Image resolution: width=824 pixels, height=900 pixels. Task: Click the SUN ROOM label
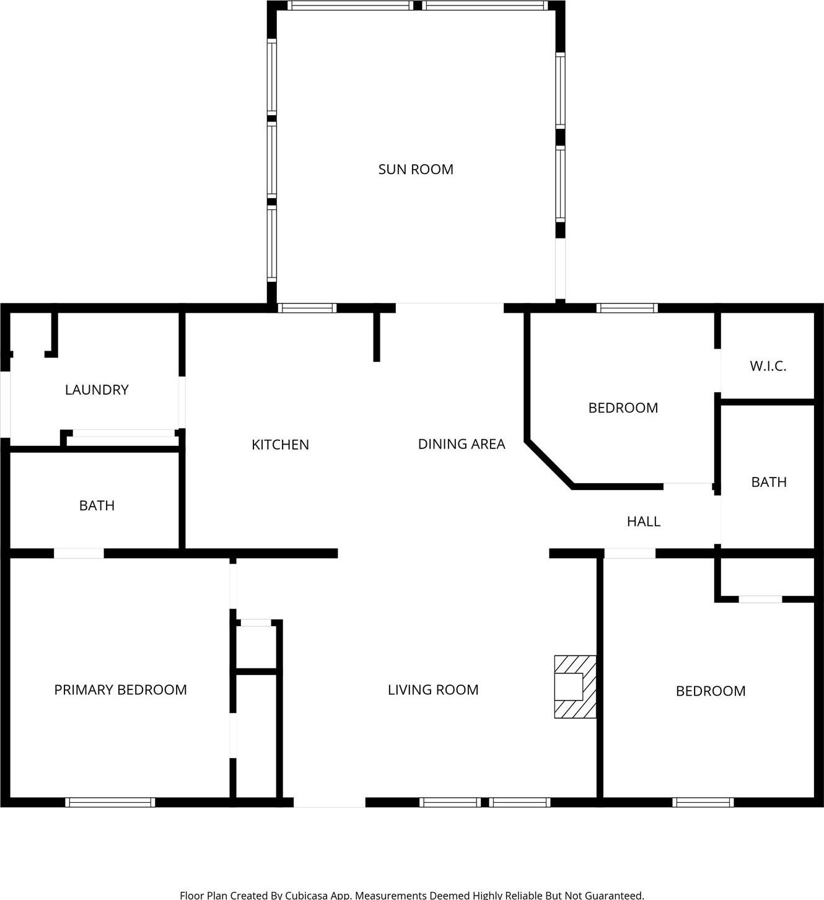[x=416, y=169]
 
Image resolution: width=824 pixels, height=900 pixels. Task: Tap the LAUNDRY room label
[x=97, y=390]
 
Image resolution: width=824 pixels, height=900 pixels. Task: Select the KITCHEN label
[x=280, y=444]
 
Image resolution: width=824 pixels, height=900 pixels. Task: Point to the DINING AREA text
[x=462, y=443]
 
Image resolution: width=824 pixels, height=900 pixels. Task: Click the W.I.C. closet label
[x=768, y=366]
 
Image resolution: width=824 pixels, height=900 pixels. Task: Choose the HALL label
[x=643, y=522]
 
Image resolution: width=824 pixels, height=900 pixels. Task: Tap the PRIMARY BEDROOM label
[x=120, y=689]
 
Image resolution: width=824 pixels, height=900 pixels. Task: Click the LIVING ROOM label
[x=433, y=689]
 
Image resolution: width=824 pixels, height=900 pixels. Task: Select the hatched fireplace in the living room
[x=575, y=686]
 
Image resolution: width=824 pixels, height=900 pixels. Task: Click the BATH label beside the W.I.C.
[x=768, y=482]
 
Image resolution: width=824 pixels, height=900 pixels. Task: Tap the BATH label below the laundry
[x=97, y=505]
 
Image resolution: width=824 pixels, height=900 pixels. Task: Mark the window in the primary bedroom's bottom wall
[x=110, y=802]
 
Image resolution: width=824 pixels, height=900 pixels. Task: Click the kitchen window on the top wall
[x=307, y=308]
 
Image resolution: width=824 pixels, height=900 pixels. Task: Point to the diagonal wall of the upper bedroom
[x=549, y=464]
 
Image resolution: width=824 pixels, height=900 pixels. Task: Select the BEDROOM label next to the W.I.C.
[x=623, y=408]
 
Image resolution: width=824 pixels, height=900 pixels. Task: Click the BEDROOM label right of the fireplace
[x=710, y=691]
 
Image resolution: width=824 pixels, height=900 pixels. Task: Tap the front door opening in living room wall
[x=329, y=802]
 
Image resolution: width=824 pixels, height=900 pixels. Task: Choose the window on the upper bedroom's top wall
[x=627, y=308]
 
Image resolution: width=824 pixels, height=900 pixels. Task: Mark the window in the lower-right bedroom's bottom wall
[x=703, y=802]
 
